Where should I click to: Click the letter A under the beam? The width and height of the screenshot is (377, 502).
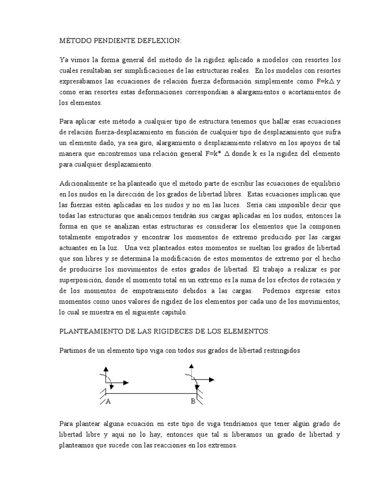pyautogui.click(x=108, y=402)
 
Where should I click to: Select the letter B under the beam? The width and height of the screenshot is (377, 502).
pyautogui.click(x=193, y=402)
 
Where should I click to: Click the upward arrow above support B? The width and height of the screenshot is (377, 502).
pyautogui.click(x=189, y=371)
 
